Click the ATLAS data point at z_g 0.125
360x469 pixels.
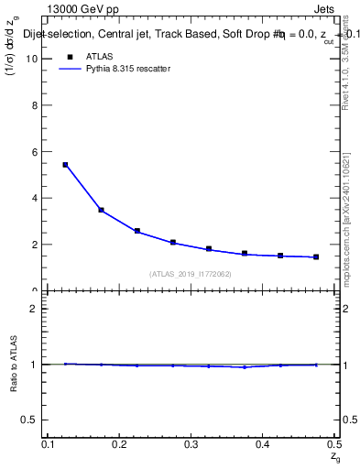65,165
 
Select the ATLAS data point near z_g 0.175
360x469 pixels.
101,211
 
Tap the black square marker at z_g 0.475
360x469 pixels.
316,256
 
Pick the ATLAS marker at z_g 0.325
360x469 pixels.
209,248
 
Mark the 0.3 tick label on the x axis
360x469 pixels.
191,444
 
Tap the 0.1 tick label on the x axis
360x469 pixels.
48,444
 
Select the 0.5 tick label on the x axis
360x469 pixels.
333,444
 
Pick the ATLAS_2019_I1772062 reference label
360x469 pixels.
191,274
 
